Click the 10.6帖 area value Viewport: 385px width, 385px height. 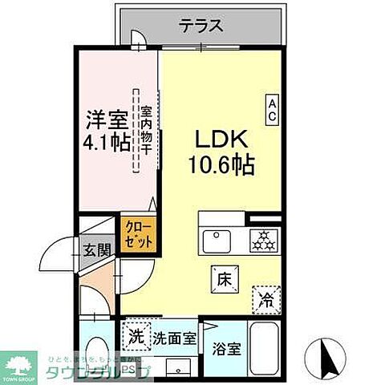pyautogui.click(x=222, y=166)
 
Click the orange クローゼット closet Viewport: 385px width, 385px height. pyautogui.click(x=138, y=233)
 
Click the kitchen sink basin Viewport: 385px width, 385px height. pyautogui.click(x=217, y=241)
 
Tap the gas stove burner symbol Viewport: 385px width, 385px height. pyautogui.click(x=262, y=240)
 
